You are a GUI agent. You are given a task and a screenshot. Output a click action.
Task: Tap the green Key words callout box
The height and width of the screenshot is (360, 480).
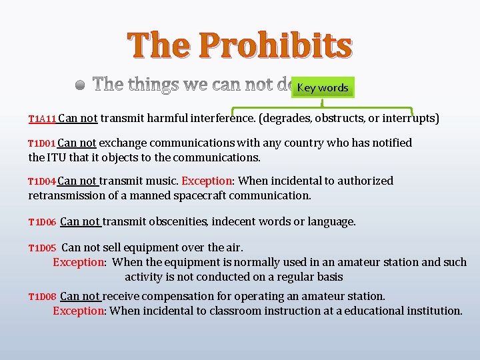click(x=323, y=87)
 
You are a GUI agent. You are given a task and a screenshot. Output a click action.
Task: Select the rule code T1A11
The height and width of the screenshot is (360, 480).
click(x=42, y=119)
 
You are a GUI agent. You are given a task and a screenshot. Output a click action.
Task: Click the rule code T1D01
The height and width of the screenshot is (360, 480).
click(x=41, y=143)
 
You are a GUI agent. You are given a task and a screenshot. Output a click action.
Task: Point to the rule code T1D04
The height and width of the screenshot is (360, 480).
click(x=41, y=181)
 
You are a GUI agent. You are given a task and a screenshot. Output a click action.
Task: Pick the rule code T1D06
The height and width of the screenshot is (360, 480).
click(x=41, y=222)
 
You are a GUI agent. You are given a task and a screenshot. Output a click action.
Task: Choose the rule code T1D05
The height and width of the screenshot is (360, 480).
click(x=41, y=248)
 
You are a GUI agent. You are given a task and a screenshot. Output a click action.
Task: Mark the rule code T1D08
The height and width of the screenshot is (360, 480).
click(x=41, y=297)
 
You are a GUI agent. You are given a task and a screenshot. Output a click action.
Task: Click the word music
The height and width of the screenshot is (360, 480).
click(x=164, y=181)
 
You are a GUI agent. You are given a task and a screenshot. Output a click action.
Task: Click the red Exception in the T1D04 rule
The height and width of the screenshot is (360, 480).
click(x=206, y=181)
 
